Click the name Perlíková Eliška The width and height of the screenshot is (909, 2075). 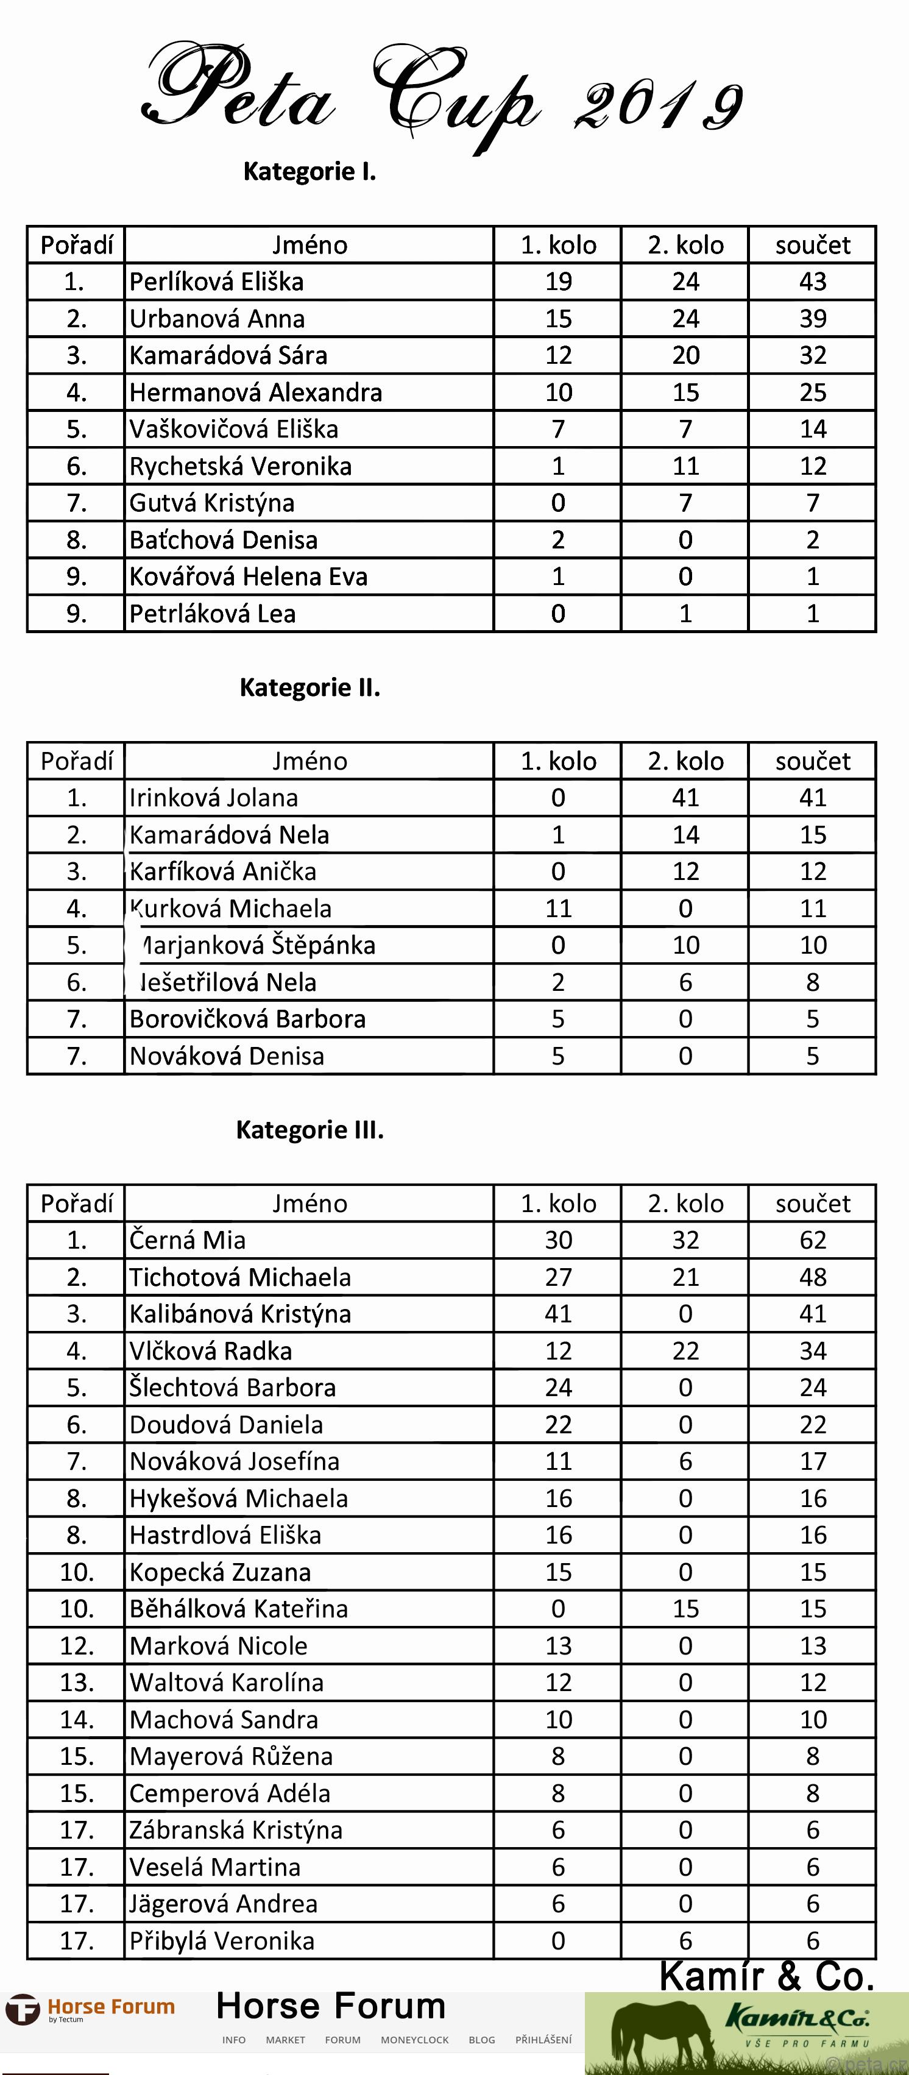point(216,282)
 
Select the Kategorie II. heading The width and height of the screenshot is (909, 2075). point(310,688)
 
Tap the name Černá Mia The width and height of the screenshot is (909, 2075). point(188,1241)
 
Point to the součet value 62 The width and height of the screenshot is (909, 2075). point(812,1241)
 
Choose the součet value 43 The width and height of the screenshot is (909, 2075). point(812,282)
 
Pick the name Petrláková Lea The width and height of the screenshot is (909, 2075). point(213,614)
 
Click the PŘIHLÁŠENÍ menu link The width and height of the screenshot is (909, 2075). point(543,2040)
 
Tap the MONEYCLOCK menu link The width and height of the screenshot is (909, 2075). point(415,2040)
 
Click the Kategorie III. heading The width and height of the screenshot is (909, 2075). point(310,1131)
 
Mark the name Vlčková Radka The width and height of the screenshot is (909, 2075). point(211,1351)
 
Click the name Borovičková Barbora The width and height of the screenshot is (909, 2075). point(248,1020)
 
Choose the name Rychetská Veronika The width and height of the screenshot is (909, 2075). point(241,466)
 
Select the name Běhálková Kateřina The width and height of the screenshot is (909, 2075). point(239,1609)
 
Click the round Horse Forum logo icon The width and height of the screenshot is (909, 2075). point(23,2010)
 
